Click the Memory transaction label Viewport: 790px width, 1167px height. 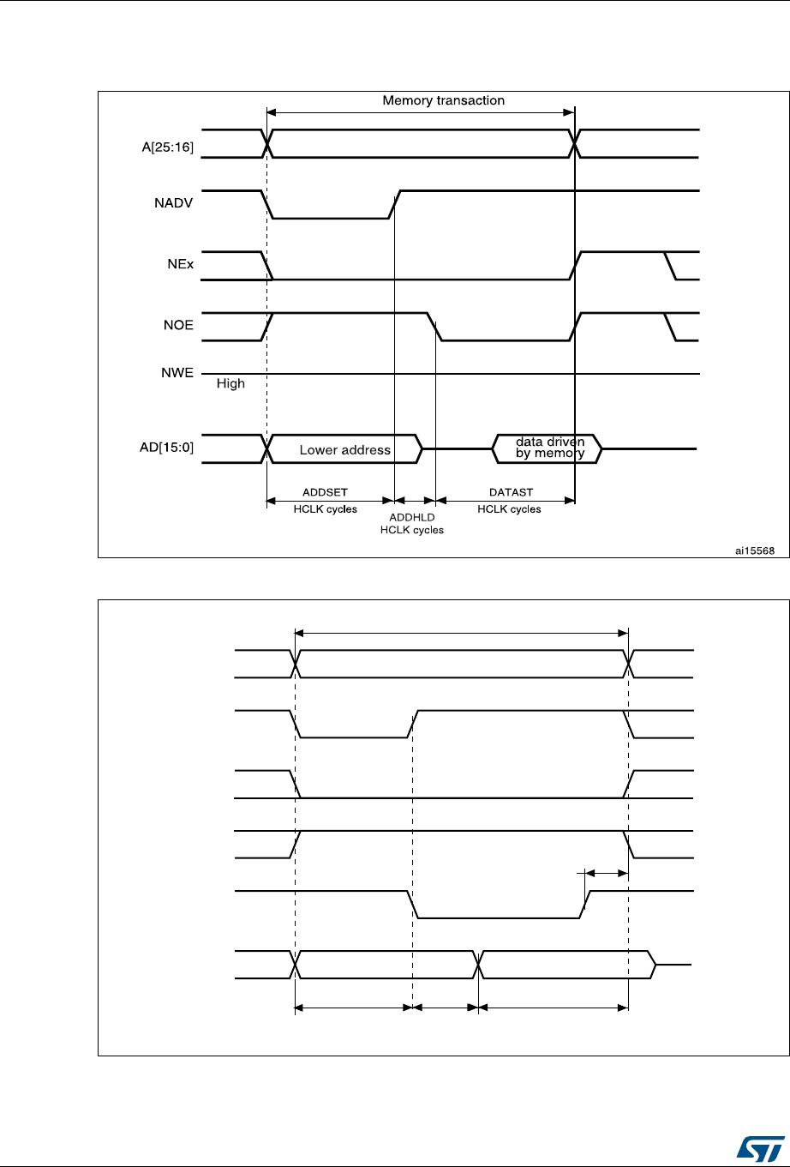(x=443, y=100)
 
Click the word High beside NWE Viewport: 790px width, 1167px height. (x=230, y=383)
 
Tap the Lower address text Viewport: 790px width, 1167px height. (x=344, y=449)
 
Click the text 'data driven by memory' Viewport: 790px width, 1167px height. (x=549, y=448)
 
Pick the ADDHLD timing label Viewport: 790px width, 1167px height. (x=411, y=517)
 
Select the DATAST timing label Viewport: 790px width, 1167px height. (x=509, y=491)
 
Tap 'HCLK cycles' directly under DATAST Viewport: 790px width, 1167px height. (x=509, y=508)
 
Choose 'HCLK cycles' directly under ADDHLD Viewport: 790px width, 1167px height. (x=412, y=530)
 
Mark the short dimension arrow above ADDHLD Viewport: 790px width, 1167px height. (x=415, y=499)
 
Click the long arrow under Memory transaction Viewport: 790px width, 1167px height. (x=420, y=111)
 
